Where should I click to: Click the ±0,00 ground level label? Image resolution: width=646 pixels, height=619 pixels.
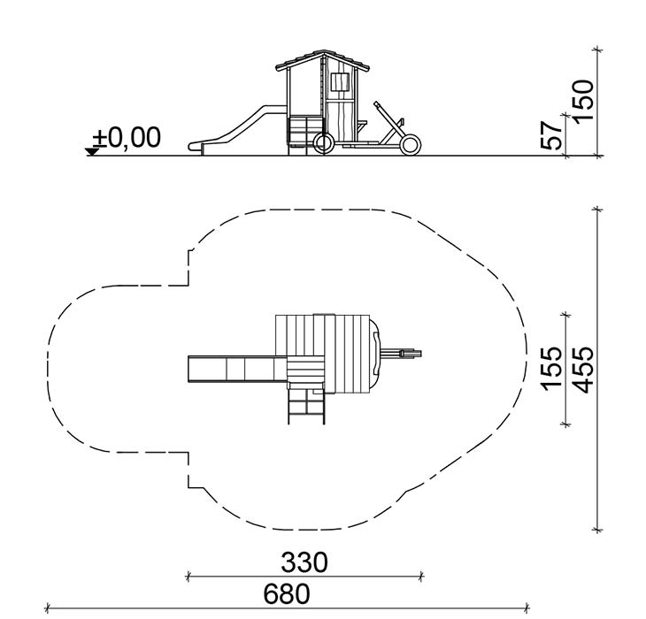pos(127,137)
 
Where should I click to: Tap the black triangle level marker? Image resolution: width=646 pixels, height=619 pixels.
pos(92,151)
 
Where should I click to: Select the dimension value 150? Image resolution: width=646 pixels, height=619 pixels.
pos(584,101)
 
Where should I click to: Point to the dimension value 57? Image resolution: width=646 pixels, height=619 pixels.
pos(550,135)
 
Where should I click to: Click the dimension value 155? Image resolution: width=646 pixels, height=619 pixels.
pos(550,369)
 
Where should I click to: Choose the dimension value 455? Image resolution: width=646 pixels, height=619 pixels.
pos(584,370)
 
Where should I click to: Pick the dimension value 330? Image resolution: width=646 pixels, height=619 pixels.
pos(304,562)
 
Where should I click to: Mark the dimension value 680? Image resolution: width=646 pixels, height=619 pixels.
pos(287,594)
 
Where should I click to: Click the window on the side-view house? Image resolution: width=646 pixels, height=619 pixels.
pos(341,82)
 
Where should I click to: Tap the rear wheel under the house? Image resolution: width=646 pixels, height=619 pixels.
pos(323,143)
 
